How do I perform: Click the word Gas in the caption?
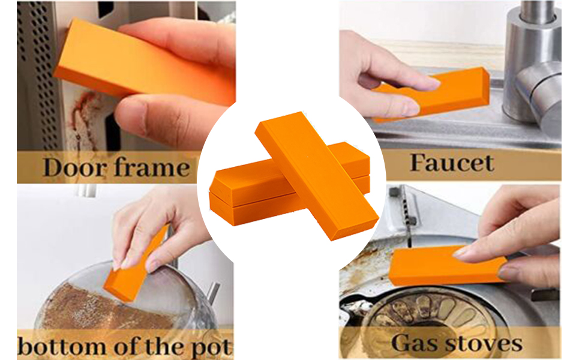tap(414, 343)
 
